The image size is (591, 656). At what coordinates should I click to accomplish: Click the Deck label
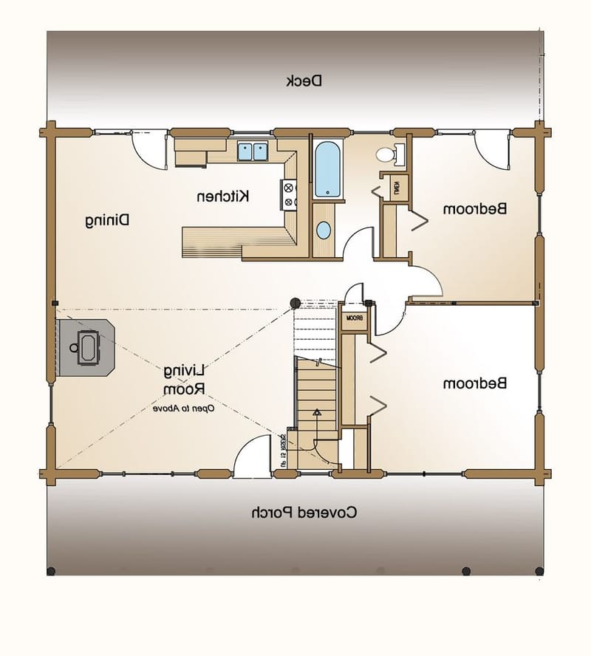(304, 81)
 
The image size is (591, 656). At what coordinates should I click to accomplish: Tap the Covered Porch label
(304, 511)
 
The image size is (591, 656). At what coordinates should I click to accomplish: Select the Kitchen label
(222, 196)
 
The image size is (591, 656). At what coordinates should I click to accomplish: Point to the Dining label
(106, 219)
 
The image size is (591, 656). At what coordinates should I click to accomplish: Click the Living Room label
(184, 378)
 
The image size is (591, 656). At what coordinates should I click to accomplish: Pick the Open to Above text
(184, 408)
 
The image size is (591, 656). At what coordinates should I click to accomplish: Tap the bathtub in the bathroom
(327, 169)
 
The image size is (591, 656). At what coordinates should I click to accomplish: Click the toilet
(386, 154)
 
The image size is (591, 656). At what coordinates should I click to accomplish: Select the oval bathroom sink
(324, 230)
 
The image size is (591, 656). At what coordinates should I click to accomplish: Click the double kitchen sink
(252, 151)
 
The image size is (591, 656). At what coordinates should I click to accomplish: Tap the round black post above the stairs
(294, 302)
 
